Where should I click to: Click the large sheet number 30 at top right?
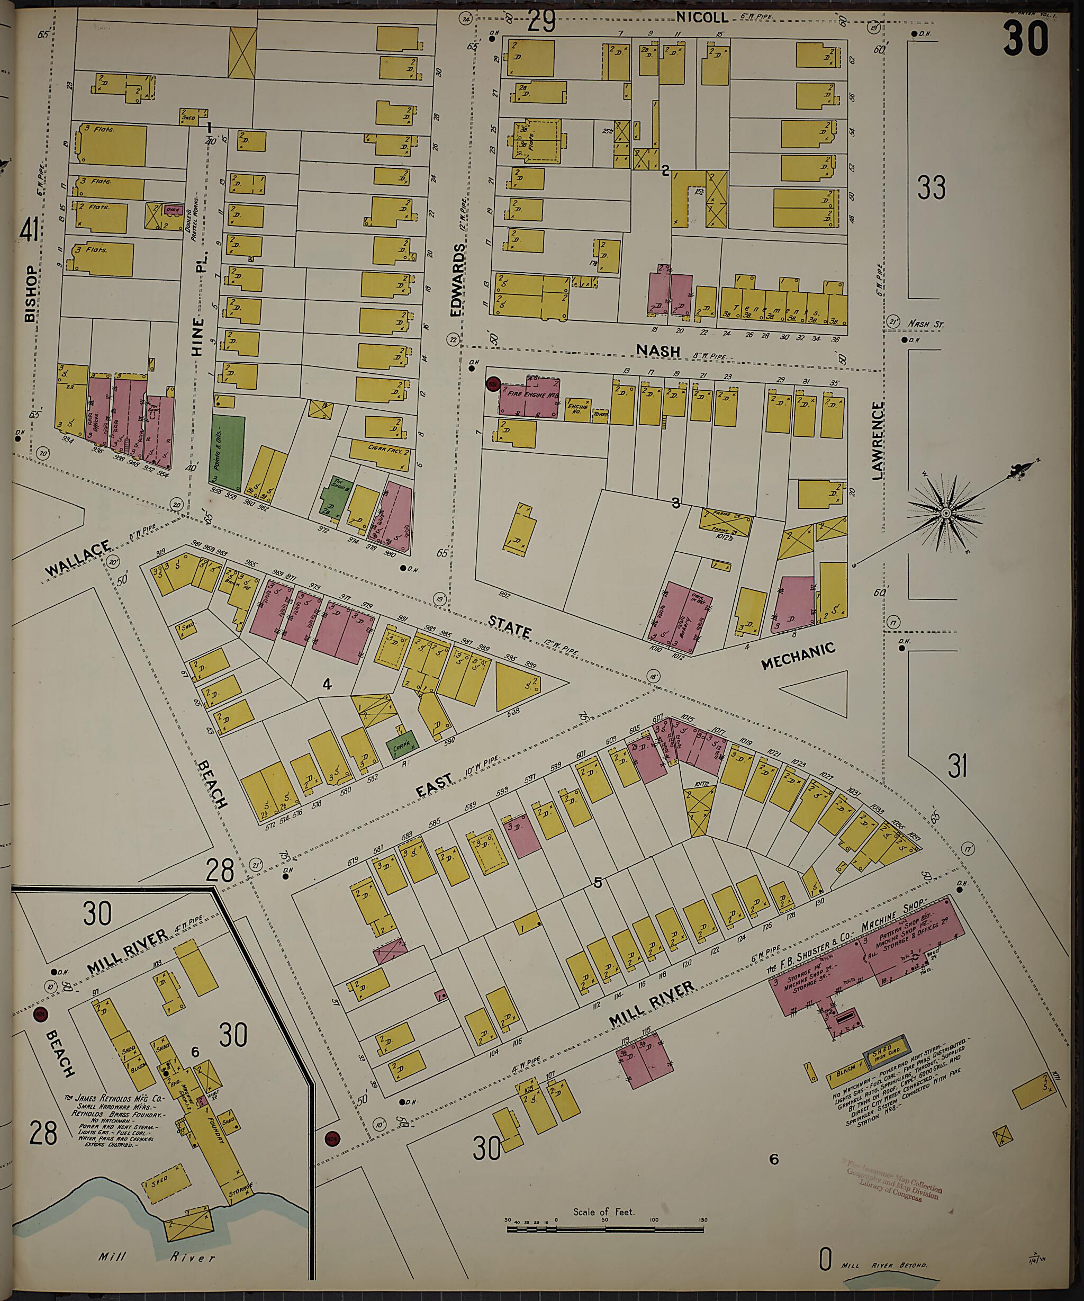tap(1026, 39)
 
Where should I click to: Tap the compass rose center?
tap(946, 514)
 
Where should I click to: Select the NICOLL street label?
tap(702, 19)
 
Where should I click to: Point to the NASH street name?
tap(658, 351)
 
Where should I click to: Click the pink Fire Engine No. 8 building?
tap(530, 398)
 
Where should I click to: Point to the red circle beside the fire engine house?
tap(494, 383)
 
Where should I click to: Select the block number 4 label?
tap(327, 684)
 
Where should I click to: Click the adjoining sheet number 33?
tap(931, 187)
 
